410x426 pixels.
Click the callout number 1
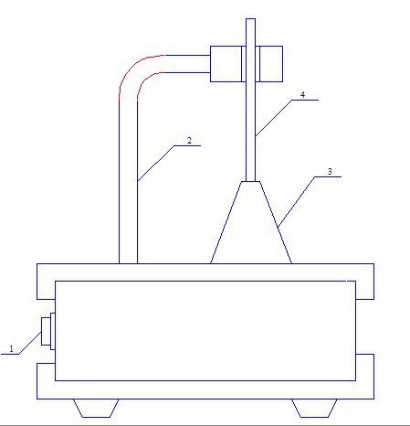click(x=12, y=348)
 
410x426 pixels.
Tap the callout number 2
click(x=189, y=141)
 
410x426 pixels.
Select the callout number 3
click(x=330, y=172)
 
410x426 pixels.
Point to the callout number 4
click(x=302, y=95)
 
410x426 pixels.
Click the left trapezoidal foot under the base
click(x=96, y=408)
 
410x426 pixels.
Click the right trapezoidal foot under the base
click(x=314, y=408)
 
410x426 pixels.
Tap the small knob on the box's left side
click(x=48, y=331)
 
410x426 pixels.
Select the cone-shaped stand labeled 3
click(x=251, y=222)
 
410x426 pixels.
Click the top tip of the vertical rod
click(x=250, y=19)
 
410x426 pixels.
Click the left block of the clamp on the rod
click(x=226, y=64)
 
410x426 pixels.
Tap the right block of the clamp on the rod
click(x=271, y=64)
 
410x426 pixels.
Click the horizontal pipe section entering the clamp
click(x=187, y=64)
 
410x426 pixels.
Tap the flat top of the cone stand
click(x=251, y=182)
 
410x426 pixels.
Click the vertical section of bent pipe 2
click(x=128, y=182)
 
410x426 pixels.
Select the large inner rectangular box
click(x=205, y=331)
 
